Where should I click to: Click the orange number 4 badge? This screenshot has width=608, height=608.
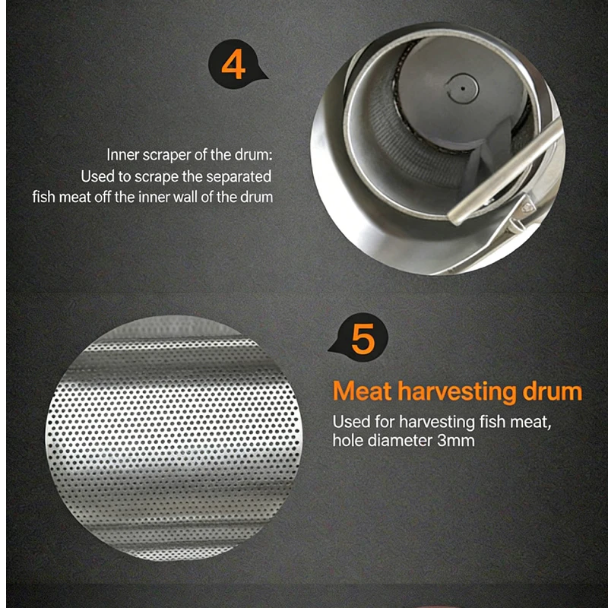click(x=235, y=65)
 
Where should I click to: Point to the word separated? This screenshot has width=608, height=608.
click(x=239, y=177)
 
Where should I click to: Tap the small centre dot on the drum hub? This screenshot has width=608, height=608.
click(x=463, y=88)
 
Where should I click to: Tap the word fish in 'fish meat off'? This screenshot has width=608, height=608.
click(x=43, y=197)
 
